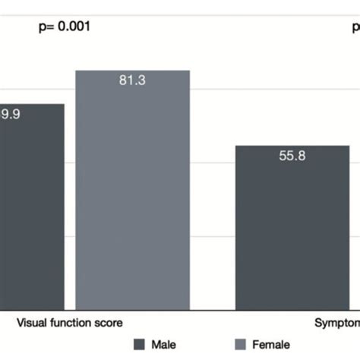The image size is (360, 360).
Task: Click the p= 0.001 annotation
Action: pos(65,27)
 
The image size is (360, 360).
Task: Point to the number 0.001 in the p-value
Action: pos(75,27)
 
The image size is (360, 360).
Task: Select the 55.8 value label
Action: pos(292,156)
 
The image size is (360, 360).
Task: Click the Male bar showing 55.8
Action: pos(292,228)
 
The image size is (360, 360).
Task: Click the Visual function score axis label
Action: pos(69,321)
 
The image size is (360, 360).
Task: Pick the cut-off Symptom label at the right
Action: pos(337,322)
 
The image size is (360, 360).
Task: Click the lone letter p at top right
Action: pos(355,28)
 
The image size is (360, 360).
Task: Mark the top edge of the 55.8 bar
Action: pos(292,146)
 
